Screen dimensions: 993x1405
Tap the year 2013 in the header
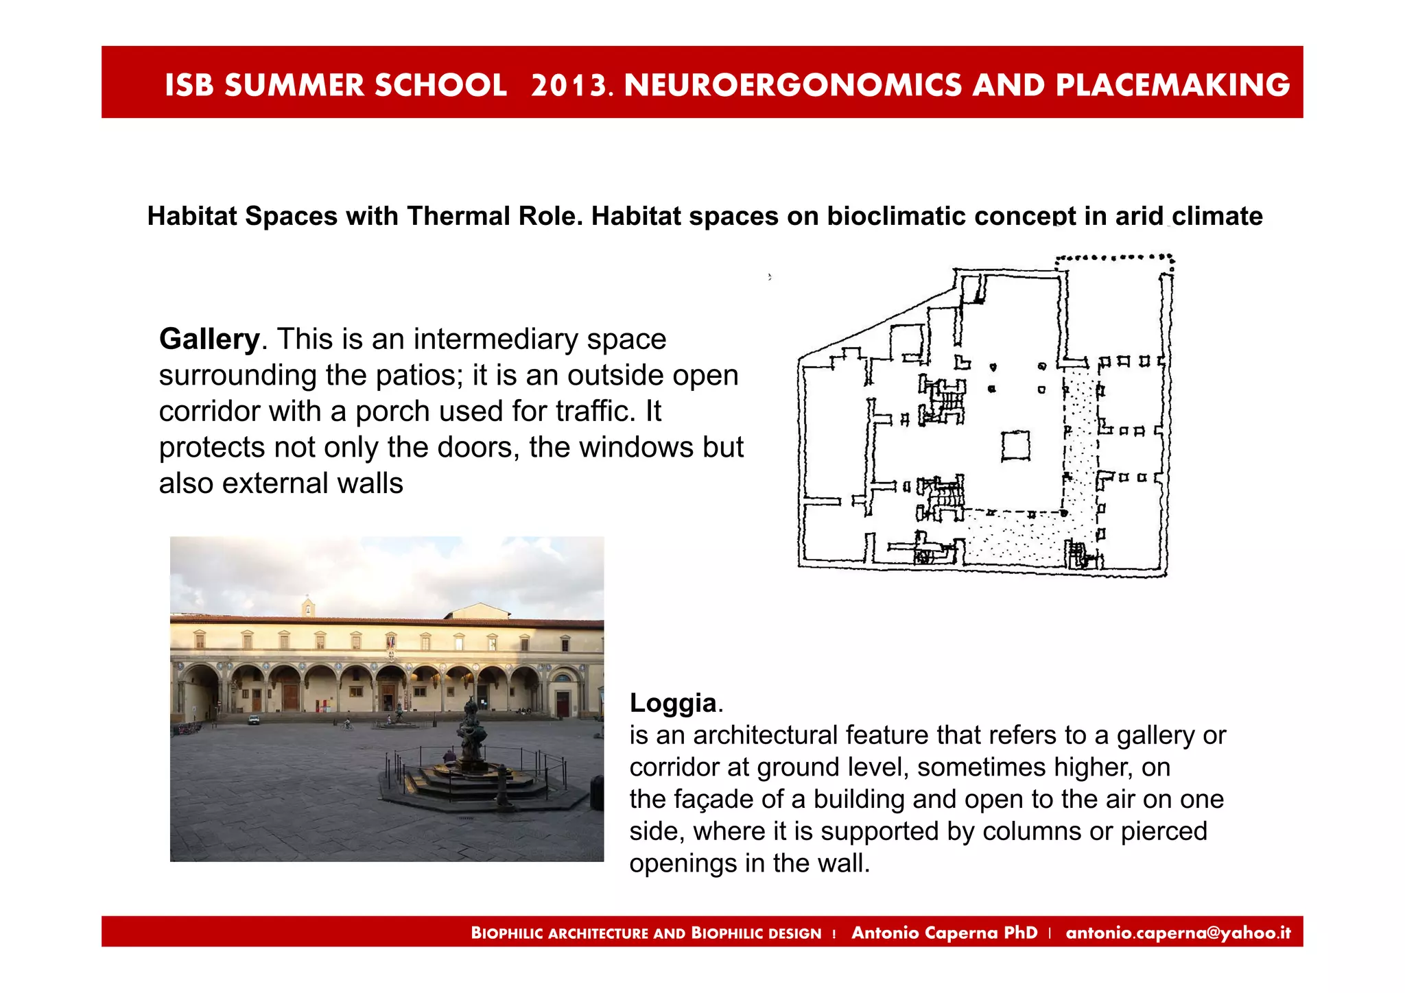click(x=569, y=85)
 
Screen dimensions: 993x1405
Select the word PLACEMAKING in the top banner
click(x=1172, y=85)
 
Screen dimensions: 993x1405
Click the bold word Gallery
click(x=209, y=339)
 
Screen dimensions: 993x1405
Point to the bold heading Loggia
click(x=673, y=703)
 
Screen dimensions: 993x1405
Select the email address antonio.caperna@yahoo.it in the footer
click(x=1178, y=933)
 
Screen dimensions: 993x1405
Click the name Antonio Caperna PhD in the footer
click(x=944, y=933)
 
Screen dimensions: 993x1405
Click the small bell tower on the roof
click(x=308, y=607)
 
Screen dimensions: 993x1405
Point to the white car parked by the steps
click(x=254, y=720)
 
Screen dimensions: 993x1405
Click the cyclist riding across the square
click(x=348, y=723)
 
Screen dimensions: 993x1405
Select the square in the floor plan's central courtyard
click(x=1015, y=446)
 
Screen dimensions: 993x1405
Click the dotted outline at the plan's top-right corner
click(x=1115, y=259)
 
